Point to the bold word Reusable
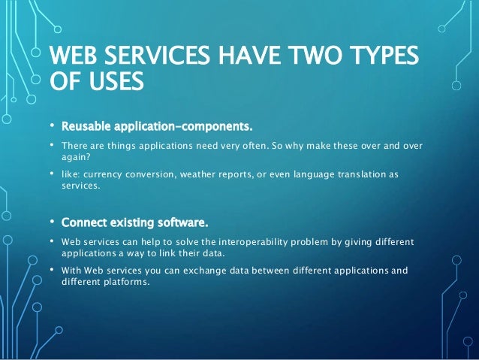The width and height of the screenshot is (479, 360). [88, 123]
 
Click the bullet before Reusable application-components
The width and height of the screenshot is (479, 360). [52, 123]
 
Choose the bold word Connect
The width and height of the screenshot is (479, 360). [83, 222]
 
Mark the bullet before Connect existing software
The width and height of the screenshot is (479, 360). [52, 222]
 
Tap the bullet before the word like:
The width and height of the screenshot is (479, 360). [52, 174]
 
